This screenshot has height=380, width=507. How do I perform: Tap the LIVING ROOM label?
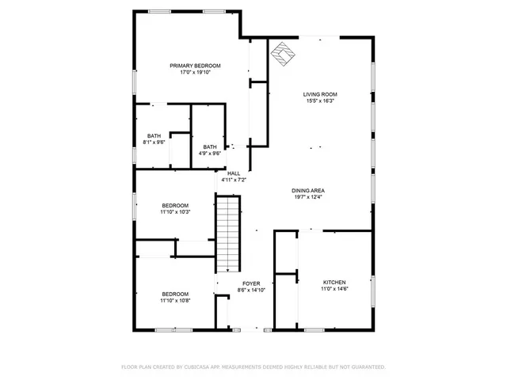tap(319, 94)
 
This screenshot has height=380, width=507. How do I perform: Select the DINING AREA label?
tap(308, 191)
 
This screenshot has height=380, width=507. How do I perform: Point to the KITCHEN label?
tap(334, 283)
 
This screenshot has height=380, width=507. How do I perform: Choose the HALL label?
tap(234, 173)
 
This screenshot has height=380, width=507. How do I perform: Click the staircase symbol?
tap(228, 234)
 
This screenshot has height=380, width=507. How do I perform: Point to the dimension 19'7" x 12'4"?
tap(308, 198)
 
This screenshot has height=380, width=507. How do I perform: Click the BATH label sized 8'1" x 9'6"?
tap(154, 135)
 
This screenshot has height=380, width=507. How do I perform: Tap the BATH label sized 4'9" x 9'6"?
tap(210, 146)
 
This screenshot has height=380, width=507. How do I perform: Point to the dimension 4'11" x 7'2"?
tap(234, 180)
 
